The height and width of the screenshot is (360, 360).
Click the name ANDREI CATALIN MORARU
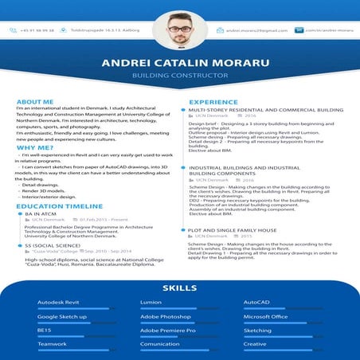(x=179, y=65)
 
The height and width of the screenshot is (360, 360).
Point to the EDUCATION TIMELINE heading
(x=60, y=205)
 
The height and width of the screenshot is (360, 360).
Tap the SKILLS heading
(x=179, y=287)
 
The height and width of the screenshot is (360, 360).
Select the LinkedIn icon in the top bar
(x=299, y=30)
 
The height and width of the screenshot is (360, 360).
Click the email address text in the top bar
(x=256, y=30)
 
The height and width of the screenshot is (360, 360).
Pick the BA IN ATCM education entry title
(x=41, y=213)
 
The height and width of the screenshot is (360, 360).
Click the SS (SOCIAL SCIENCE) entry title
(x=54, y=245)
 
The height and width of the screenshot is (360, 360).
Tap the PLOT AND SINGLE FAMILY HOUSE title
(x=232, y=229)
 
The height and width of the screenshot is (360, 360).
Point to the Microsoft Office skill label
(x=265, y=316)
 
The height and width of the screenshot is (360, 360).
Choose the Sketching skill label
(x=257, y=330)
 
